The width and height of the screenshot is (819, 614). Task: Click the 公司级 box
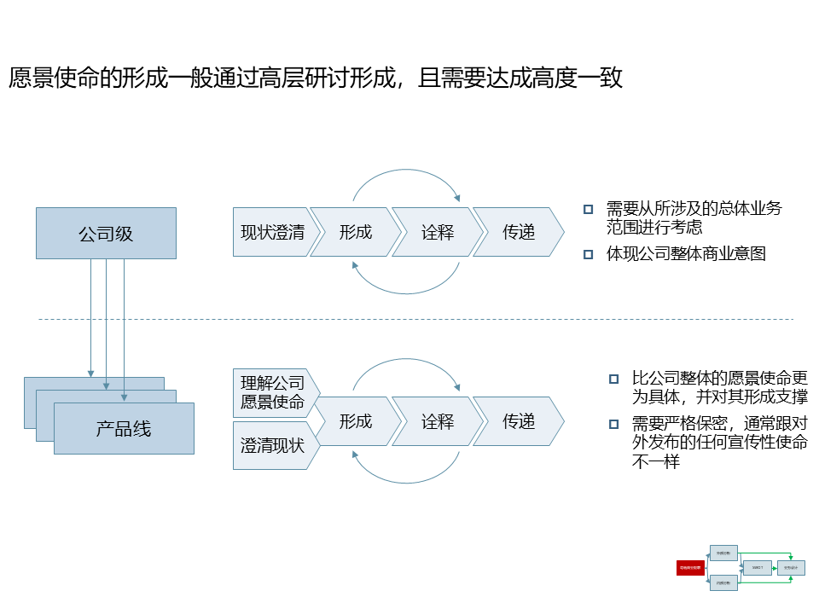[106, 233]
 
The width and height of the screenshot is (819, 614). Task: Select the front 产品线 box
[124, 429]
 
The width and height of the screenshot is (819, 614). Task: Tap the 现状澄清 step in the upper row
[272, 232]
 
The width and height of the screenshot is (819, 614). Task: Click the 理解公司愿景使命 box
[272, 392]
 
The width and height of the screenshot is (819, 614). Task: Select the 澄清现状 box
[272, 444]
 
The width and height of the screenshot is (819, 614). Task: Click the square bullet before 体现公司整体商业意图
[588, 254]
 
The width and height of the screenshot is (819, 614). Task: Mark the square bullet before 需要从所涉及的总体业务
[588, 209]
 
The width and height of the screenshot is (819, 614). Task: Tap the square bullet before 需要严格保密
[613, 424]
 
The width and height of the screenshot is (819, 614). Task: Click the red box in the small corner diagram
[690, 567]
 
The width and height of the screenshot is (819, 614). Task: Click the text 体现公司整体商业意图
[686, 254]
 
